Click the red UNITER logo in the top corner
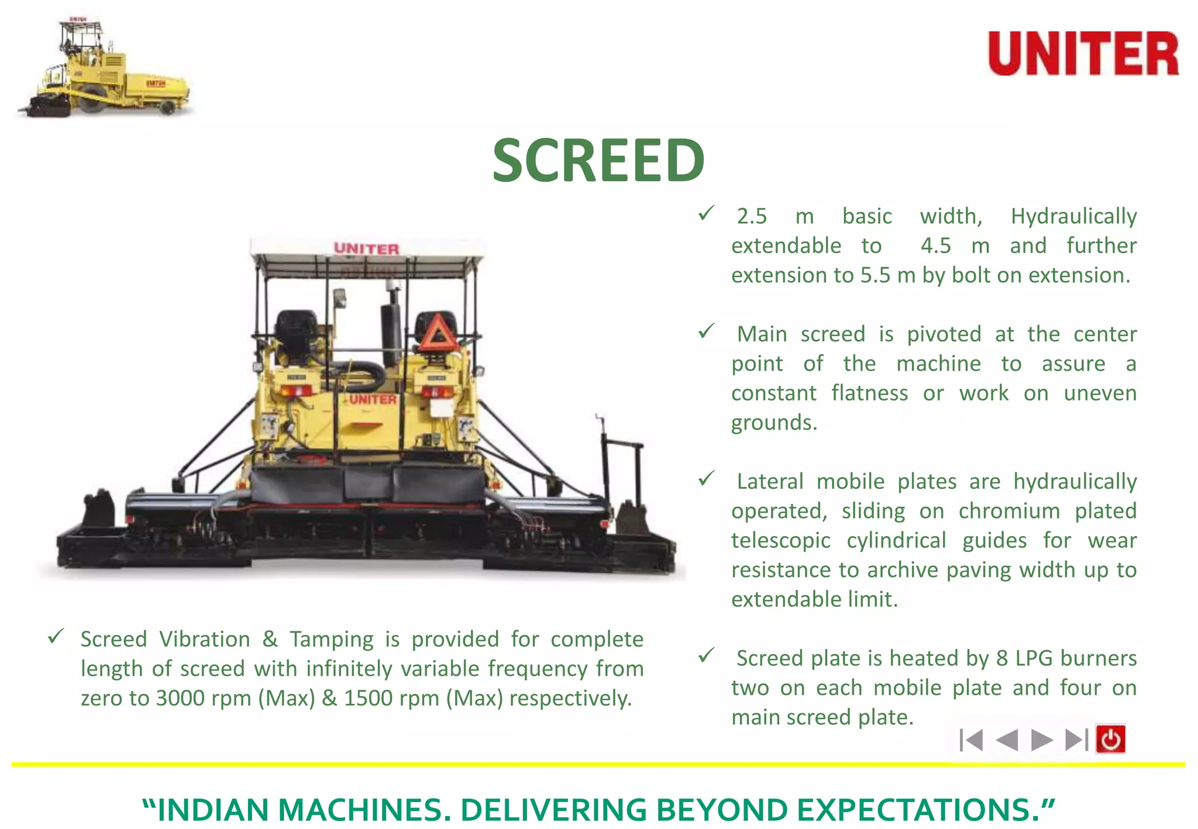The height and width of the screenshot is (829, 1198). (1083, 53)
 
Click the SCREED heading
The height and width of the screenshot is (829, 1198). (598, 160)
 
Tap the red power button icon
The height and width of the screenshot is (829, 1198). (1110, 740)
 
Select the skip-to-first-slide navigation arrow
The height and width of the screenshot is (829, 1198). (972, 740)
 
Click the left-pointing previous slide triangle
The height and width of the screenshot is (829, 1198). (1007, 740)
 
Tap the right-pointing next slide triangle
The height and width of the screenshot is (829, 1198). (1041, 740)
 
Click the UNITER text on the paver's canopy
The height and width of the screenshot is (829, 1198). (367, 248)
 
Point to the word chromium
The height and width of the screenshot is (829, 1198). (1009, 511)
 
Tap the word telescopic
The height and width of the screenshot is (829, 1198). (780, 540)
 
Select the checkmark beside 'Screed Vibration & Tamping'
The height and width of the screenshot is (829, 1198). (56, 636)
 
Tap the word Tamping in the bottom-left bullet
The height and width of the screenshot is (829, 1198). (332, 640)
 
